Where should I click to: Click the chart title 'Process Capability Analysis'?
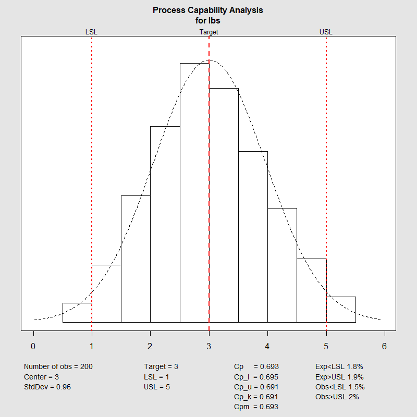pos(208,10)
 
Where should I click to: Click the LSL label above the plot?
pos(91,32)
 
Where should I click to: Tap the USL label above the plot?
pos(326,32)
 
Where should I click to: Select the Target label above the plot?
pos(208,32)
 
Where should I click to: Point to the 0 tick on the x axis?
pos(33,346)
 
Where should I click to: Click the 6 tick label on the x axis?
pos(385,346)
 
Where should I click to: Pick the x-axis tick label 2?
pos(150,346)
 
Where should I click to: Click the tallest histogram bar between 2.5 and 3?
pos(194,193)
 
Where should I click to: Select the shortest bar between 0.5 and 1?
pos(77,313)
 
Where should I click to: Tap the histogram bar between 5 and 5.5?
pos(341,310)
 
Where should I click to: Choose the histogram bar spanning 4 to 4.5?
pos(282,265)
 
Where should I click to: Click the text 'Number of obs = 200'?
pos(58,367)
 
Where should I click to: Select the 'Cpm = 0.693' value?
pos(256,407)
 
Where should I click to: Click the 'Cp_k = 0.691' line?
pos(256,397)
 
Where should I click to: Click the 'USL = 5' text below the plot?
pos(157,387)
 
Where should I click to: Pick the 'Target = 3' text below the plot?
pos(161,367)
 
